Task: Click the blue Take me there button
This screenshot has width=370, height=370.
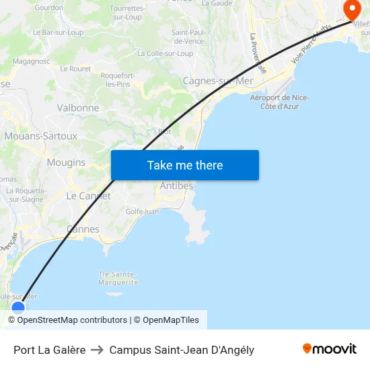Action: pos(185,165)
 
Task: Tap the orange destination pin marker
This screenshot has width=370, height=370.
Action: pos(352,9)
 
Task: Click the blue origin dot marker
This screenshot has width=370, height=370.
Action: pos(18,307)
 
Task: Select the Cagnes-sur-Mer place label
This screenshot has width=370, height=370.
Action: pos(218,81)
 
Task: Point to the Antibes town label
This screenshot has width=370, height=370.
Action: pos(176,186)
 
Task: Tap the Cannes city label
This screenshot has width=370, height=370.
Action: pos(83,229)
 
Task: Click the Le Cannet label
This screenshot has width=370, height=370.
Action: pos(88,196)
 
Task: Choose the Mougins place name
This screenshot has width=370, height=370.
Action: pos(66,162)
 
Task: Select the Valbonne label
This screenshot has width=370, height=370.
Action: pos(78,108)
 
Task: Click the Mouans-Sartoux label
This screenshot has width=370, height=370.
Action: pos(41,136)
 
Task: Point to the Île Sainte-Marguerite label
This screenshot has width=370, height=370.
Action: pos(118,278)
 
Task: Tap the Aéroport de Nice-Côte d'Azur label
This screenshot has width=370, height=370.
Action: pos(279,102)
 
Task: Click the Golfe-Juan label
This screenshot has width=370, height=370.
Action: pos(143,211)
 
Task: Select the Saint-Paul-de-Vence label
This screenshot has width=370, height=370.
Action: pos(188,36)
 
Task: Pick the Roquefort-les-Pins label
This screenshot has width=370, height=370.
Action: pos(117,79)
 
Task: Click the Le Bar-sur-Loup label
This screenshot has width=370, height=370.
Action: pos(58,32)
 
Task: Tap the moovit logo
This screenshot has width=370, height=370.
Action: pos(330,349)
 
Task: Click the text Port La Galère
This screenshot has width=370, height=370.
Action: pos(50,350)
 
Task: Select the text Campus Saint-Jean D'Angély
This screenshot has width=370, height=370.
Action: pos(182,350)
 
